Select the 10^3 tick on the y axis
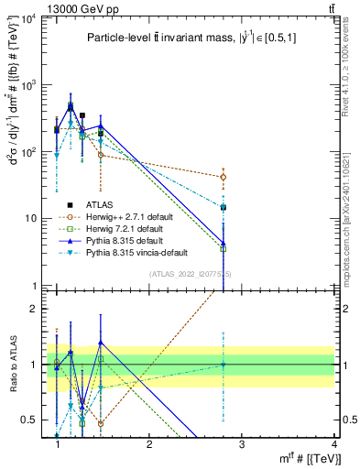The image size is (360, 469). [31, 85]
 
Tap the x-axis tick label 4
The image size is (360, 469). [333, 444]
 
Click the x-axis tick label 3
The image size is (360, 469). [241, 444]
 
